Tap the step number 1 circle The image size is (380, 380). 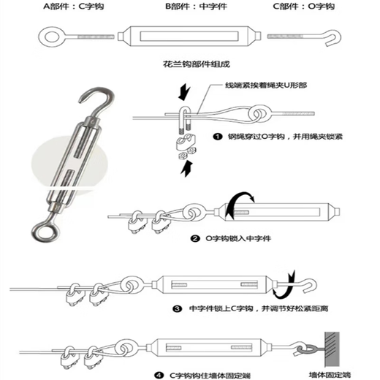tap(217, 136)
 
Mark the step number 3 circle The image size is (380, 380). tap(177, 309)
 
